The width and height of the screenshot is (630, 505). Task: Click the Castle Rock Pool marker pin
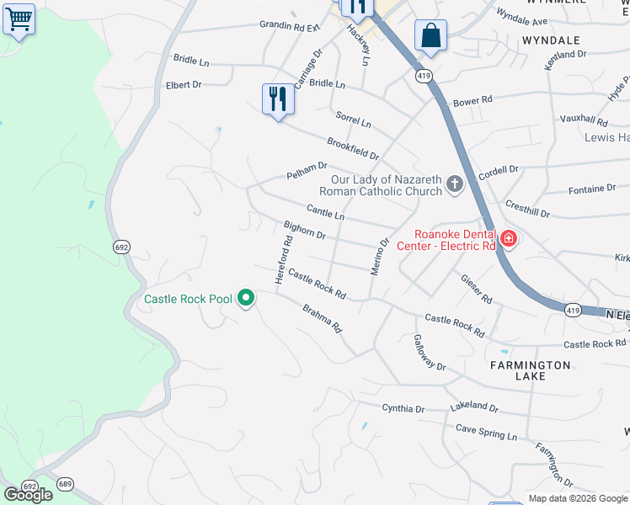[x=246, y=298]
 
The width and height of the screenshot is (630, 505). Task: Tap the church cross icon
[x=455, y=184]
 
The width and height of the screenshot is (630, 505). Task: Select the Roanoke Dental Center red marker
[x=508, y=239]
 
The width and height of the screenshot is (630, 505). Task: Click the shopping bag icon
[x=430, y=35]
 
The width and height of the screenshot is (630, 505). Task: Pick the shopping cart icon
[x=19, y=19]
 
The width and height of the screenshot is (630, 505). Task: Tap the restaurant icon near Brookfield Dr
[x=276, y=99]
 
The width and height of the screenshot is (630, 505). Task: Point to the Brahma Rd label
[x=323, y=317]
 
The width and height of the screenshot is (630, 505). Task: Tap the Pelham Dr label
[x=307, y=171]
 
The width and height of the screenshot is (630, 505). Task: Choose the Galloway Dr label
[x=429, y=353]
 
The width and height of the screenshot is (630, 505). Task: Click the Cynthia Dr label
[x=403, y=409]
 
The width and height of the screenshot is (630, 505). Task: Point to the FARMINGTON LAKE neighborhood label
[x=531, y=370]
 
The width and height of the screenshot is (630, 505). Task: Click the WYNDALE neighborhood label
[x=552, y=40]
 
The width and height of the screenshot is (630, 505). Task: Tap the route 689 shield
[x=66, y=484]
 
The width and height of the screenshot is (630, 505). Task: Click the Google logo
[x=28, y=495]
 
